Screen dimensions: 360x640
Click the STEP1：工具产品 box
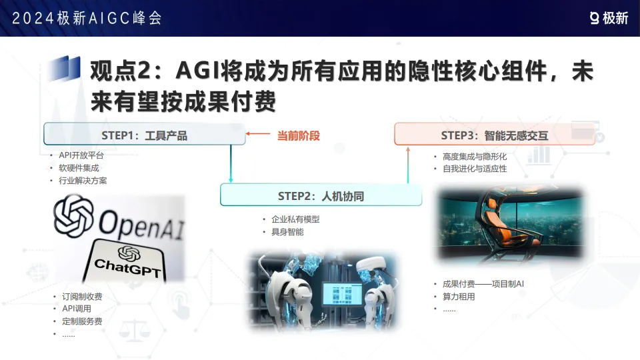[145, 135]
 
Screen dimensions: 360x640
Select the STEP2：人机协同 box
[321, 196]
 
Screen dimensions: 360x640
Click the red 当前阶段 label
[299, 135]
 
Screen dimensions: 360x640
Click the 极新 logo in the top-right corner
[609, 18]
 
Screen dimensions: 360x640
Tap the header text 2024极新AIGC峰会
[87, 18]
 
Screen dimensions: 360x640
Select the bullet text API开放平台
[81, 155]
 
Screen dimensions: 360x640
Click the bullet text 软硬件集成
[79, 167]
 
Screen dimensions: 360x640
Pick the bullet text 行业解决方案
[83, 180]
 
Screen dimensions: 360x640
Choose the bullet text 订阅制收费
[82, 297]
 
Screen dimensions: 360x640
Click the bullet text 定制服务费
[82, 321]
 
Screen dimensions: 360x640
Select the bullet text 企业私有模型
[295, 219]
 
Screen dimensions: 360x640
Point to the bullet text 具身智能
[287, 231]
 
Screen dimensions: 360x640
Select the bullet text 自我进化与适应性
[475, 169]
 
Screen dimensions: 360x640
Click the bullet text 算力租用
[459, 297]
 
